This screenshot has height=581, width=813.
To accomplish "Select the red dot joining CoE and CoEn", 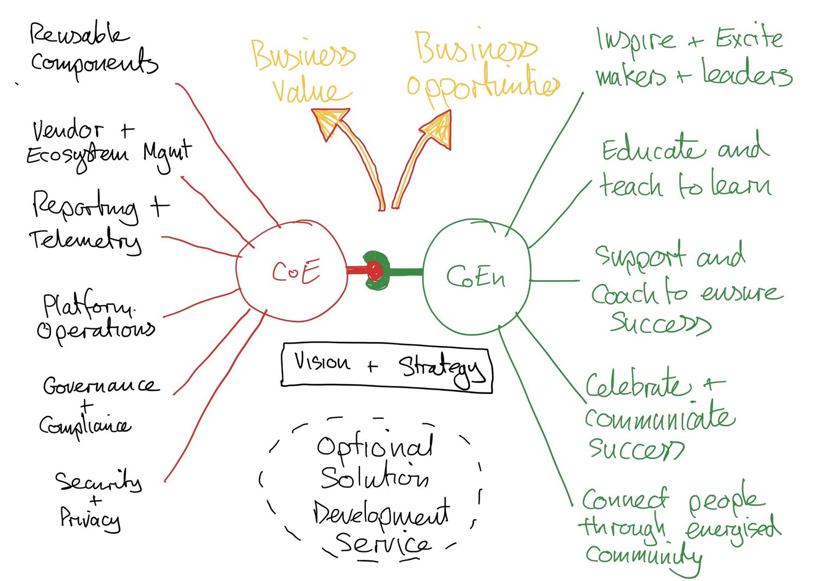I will pos(375,270).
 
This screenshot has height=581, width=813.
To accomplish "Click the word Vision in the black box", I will pos(322,361).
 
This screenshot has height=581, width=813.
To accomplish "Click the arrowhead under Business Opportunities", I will pos(438,128).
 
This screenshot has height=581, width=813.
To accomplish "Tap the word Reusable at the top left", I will pos(78,35).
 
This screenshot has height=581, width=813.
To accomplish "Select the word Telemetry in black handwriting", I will pos(86,241).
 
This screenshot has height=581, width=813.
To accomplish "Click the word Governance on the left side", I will pos(101,385).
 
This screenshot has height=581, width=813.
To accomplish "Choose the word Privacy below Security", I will pos(89,519).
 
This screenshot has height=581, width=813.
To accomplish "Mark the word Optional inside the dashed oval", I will pos(375,447).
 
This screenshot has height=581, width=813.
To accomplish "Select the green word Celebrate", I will pos(638,385).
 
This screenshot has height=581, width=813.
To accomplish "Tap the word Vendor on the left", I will pos(67,131).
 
